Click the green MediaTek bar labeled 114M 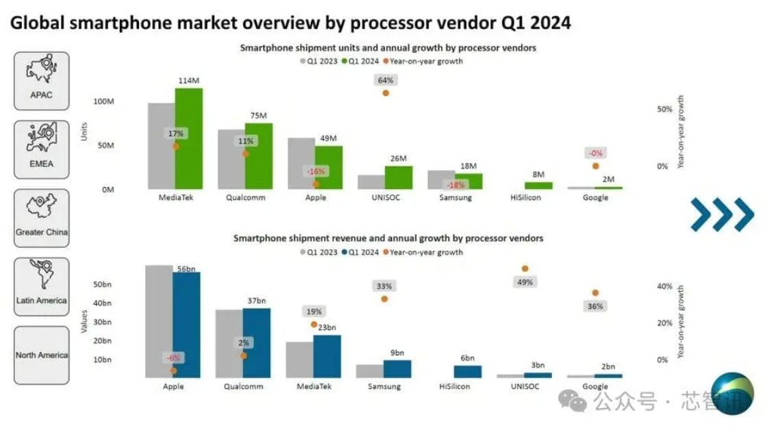click(x=188, y=137)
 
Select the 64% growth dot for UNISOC click(x=386, y=92)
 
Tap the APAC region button click(x=42, y=81)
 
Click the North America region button click(x=42, y=355)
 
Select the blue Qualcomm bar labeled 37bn click(x=257, y=342)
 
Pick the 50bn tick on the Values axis click(x=102, y=284)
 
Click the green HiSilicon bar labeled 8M click(x=538, y=185)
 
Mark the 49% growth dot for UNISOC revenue click(x=525, y=269)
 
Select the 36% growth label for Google click(x=595, y=306)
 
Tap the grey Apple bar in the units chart click(x=301, y=163)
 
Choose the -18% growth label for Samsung click(x=455, y=185)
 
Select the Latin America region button click(x=42, y=286)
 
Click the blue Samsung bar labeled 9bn click(x=397, y=368)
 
